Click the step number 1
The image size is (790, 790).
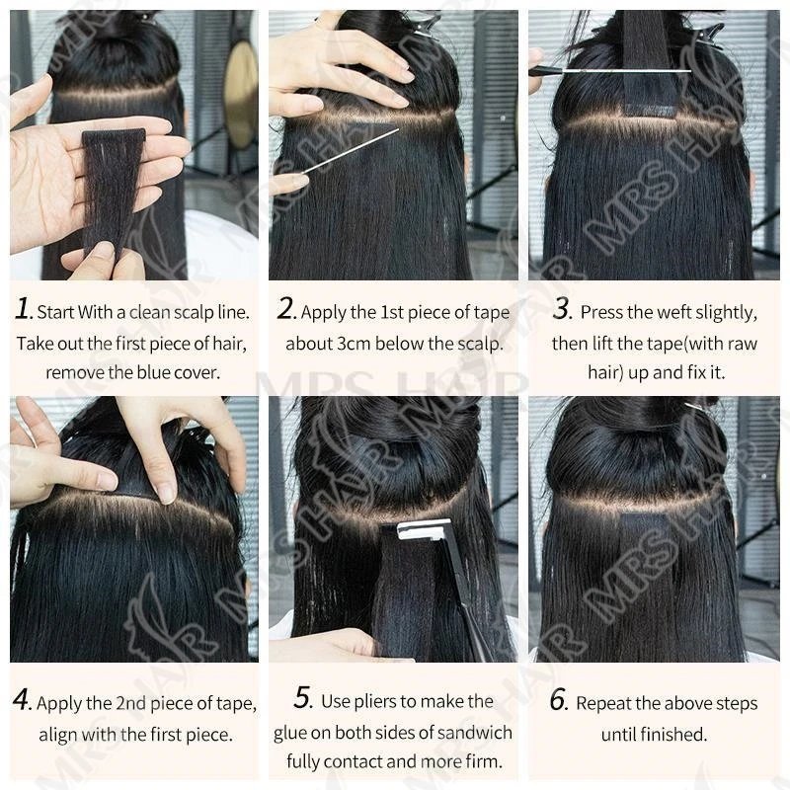pyautogui.click(x=23, y=308)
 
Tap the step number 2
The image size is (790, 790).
pyautogui.click(x=285, y=308)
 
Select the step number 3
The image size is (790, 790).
pyautogui.click(x=561, y=308)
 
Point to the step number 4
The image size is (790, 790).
pyautogui.click(x=22, y=700)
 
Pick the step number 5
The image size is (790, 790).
pyautogui.click(x=304, y=698)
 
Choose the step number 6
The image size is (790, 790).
pyautogui.click(x=559, y=700)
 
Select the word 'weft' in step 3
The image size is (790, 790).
pyautogui.click(x=675, y=312)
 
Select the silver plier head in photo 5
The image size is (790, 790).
pyautogui.click(x=423, y=529)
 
